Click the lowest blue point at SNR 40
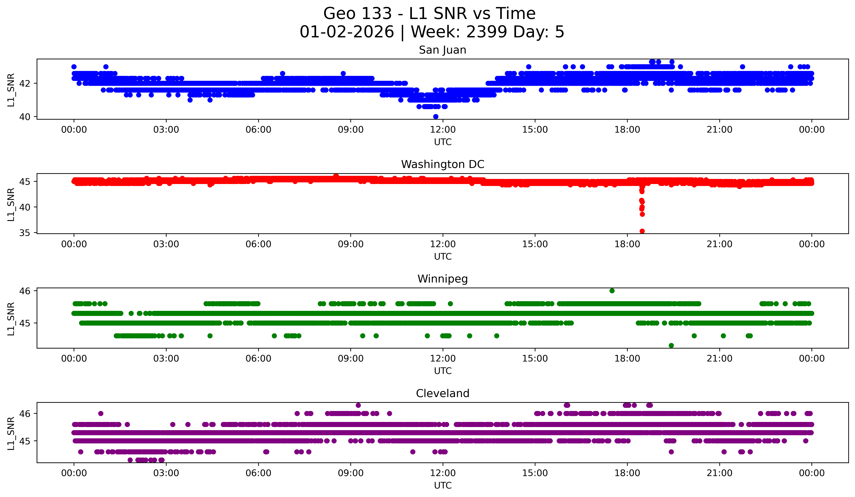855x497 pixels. tap(436, 117)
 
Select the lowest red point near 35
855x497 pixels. tap(642, 231)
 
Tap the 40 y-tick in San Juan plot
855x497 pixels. tap(25, 117)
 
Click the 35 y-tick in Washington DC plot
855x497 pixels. tap(25, 233)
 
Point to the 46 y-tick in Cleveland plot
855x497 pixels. tap(25, 414)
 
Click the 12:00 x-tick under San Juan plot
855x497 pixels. tap(443, 130)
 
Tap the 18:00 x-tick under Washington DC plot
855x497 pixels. tap(627, 244)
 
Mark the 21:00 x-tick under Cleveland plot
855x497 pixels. tap(719, 473)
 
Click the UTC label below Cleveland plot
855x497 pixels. tap(443, 486)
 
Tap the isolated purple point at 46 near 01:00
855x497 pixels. tap(100, 413)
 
